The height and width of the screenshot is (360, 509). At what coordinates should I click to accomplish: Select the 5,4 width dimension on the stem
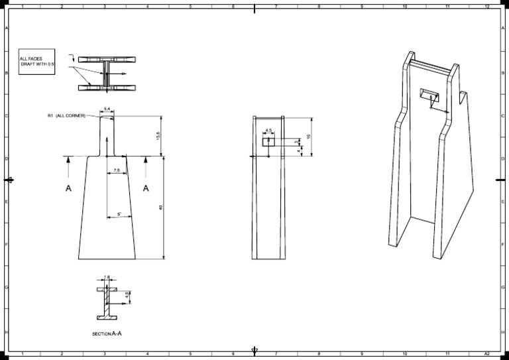pos(107,107)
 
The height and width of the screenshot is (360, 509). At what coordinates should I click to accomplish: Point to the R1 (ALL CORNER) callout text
pos(66,115)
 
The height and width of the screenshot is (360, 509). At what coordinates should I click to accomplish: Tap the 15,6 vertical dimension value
pos(157,135)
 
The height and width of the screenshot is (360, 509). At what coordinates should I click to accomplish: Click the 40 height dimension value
pos(161,208)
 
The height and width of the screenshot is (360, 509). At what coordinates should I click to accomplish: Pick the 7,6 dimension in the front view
pos(117,170)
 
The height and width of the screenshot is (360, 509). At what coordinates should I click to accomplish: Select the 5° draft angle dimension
pos(119,214)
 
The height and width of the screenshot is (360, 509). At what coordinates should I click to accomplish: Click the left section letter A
pos(68,189)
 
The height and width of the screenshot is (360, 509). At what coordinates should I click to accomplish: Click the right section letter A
pos(146,189)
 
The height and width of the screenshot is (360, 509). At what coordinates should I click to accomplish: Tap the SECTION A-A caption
pos(107,333)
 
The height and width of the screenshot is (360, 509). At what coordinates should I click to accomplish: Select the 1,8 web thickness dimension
pos(107,278)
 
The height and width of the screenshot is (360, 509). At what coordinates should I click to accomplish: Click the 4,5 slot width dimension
pos(268,130)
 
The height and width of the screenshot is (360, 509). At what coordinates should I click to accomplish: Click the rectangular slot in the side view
pos(268,141)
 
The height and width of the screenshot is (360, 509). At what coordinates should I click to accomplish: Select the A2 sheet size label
pos(487,355)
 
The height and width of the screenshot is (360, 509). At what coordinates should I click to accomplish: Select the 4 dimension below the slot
pos(299,150)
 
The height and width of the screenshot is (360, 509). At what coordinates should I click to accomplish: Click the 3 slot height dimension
pos(296,141)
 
